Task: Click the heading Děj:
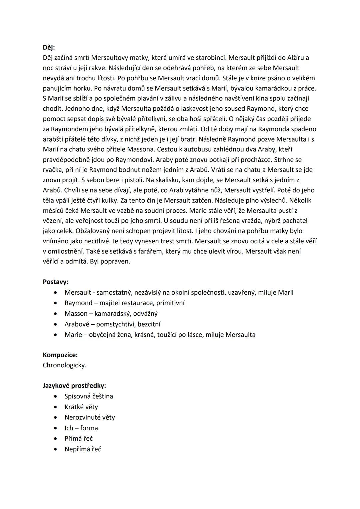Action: click(49, 47)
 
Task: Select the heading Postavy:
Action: click(55, 282)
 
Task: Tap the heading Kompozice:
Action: click(60, 355)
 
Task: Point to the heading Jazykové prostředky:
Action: click(74, 386)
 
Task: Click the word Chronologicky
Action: click(64, 365)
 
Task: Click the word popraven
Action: click(116, 261)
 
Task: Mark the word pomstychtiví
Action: click(116, 324)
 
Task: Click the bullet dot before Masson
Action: click(55, 314)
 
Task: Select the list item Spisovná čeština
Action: click(89, 396)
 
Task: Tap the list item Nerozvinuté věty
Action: click(90, 417)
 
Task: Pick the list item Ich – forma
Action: click(81, 428)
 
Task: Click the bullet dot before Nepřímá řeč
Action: click(55, 449)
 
